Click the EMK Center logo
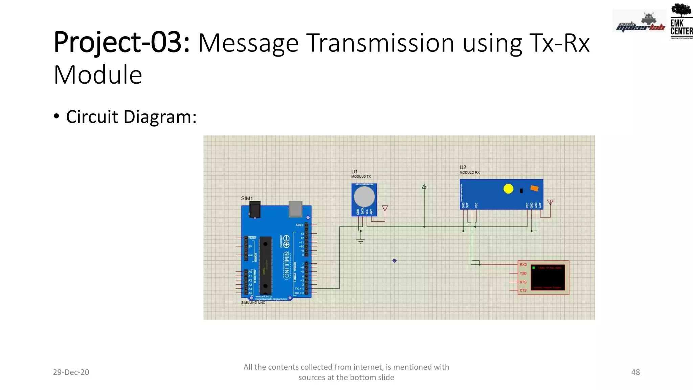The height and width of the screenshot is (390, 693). pos(681,21)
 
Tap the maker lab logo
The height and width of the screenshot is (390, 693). pos(640,22)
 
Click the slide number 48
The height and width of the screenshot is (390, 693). pos(635,372)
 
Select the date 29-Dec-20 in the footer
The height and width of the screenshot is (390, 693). pos(71,372)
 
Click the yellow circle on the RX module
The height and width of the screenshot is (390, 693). pos(508,189)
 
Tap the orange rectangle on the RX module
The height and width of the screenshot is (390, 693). pos(534,188)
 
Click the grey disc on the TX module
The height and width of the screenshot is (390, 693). pos(364,197)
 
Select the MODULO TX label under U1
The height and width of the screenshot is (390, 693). pos(361,176)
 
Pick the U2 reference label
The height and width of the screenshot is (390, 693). pos(463,167)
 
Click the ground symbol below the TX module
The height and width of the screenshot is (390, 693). pos(361,241)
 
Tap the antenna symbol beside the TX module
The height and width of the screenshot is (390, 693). pos(385,208)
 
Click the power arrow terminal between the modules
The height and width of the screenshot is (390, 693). pos(424,187)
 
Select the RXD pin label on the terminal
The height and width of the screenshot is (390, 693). pos(523,265)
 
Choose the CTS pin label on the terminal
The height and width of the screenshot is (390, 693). pos(523,290)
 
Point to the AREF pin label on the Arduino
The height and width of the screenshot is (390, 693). pos(299,225)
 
